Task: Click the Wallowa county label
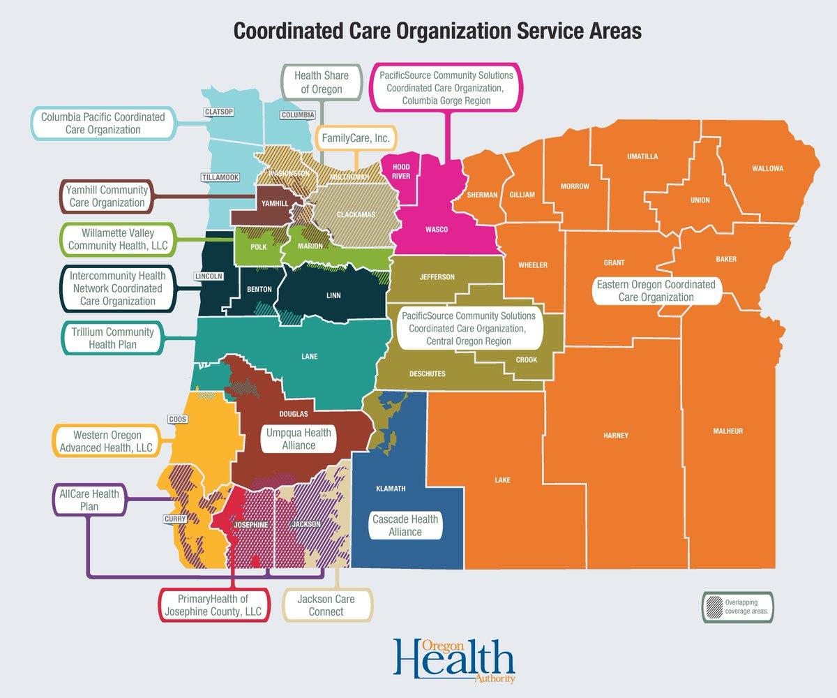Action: coord(768,169)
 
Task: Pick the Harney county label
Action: coord(615,436)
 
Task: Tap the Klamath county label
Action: coord(391,489)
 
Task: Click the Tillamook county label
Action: coord(220,177)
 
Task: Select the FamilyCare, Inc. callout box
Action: coord(356,139)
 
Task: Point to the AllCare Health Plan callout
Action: coord(89,500)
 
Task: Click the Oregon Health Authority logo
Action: coord(453,658)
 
